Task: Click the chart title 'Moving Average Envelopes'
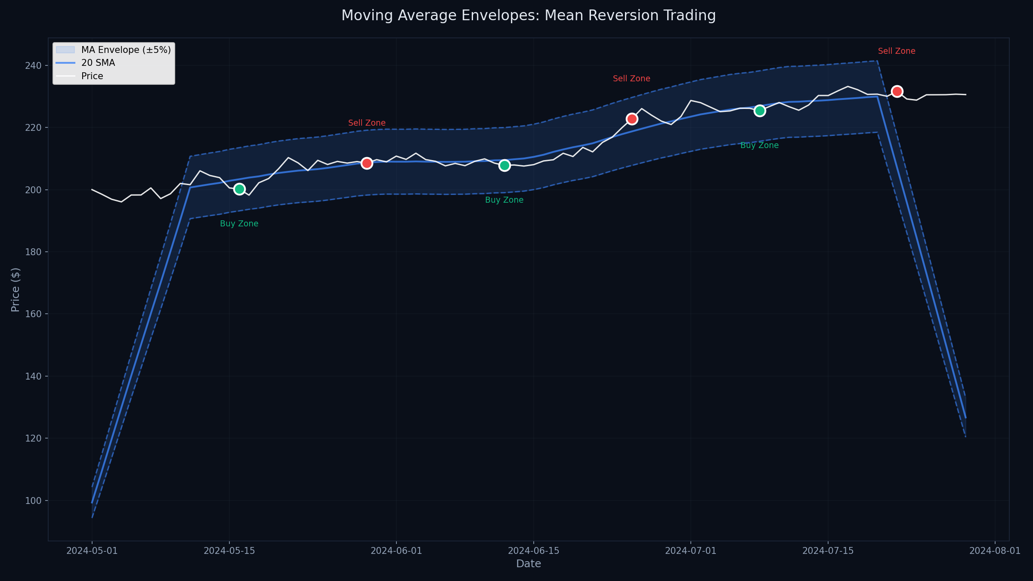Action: (529, 15)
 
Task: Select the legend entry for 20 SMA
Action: (98, 63)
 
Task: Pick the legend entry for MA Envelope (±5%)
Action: (126, 50)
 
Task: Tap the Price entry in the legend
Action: (92, 76)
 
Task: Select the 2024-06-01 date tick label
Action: (396, 551)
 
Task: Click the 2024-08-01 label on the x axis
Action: (995, 551)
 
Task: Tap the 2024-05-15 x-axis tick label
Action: (229, 551)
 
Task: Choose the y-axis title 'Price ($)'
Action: (15, 290)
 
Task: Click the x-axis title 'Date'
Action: (529, 564)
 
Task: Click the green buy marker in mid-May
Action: (239, 189)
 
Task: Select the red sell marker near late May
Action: (367, 163)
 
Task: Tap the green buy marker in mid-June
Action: (504, 165)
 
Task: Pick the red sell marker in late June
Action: (632, 119)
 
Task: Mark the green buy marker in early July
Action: (760, 111)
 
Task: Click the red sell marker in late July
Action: (897, 91)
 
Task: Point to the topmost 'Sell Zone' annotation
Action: (897, 51)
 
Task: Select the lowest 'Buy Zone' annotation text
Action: (239, 224)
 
